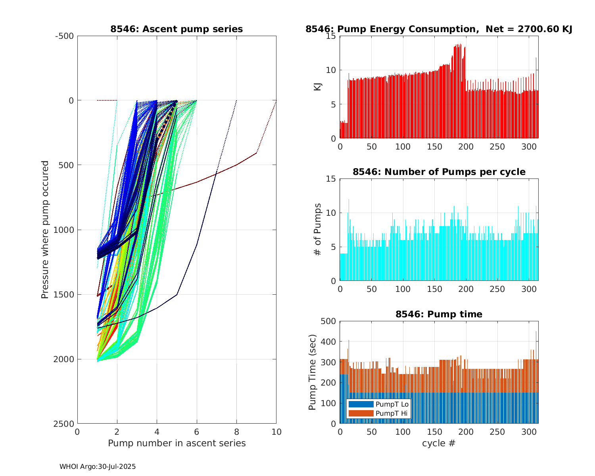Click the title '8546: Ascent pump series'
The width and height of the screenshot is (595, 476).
tap(177, 29)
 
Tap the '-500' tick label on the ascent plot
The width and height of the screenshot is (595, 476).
tap(64, 36)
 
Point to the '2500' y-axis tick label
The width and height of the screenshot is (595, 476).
tap(64, 424)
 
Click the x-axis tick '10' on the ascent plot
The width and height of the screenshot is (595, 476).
tap(276, 432)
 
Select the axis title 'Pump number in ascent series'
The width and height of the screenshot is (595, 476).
tap(177, 443)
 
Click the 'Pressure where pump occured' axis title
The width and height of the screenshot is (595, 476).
tap(45, 230)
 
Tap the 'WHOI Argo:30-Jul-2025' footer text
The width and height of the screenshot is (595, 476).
tap(98, 467)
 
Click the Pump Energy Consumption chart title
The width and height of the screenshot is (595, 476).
tap(439, 29)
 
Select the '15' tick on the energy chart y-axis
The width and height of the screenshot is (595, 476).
tap(331, 36)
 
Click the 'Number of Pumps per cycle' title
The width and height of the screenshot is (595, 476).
tap(439, 172)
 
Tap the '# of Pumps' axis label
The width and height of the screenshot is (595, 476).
tap(318, 230)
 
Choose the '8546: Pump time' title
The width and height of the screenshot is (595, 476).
tap(439, 314)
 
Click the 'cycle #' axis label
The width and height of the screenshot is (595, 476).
tap(439, 443)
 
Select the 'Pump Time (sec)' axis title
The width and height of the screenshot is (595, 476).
tap(313, 372)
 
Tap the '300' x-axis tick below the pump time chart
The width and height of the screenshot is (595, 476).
tap(529, 432)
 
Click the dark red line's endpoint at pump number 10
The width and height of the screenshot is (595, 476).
tap(276, 101)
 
